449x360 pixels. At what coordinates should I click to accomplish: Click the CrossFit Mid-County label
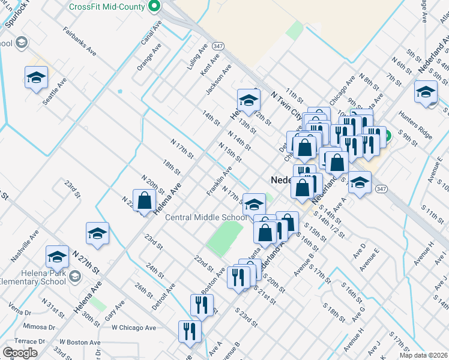tap(107, 7)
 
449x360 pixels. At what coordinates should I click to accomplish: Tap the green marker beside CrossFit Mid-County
tap(154, 7)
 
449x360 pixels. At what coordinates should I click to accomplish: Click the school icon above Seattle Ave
tap(36, 78)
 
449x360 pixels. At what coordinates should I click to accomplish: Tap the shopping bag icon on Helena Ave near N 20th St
tap(145, 201)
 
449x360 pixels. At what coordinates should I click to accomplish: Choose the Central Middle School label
tap(205, 217)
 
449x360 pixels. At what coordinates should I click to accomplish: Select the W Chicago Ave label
tap(133, 328)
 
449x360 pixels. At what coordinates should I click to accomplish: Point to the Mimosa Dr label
tap(38, 327)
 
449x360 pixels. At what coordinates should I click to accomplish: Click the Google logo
tap(20, 352)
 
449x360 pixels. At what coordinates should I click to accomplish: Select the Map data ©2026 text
tap(423, 355)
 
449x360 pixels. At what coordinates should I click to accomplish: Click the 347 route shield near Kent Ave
tap(218, 46)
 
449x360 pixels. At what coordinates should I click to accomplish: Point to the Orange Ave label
tap(149, 57)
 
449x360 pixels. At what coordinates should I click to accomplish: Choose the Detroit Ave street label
tap(163, 296)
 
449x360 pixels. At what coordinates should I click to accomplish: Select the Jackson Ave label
tap(218, 80)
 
